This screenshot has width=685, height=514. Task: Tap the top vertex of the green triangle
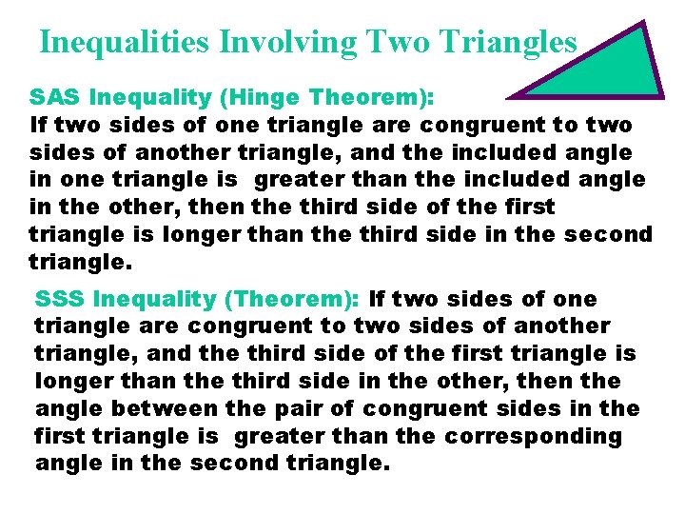pos(649,23)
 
